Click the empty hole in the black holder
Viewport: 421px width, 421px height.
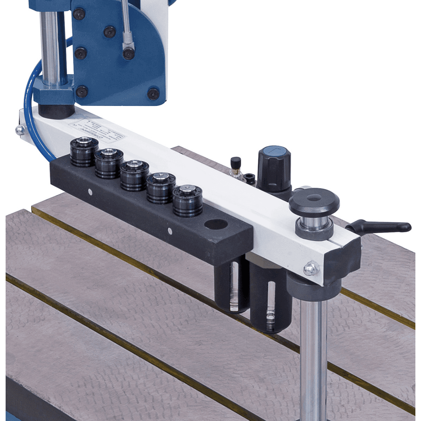[x=215, y=225]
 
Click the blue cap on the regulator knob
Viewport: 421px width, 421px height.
[x=275, y=153]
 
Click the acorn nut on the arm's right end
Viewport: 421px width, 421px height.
[x=311, y=268]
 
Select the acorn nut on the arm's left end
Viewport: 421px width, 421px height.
[x=20, y=130]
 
